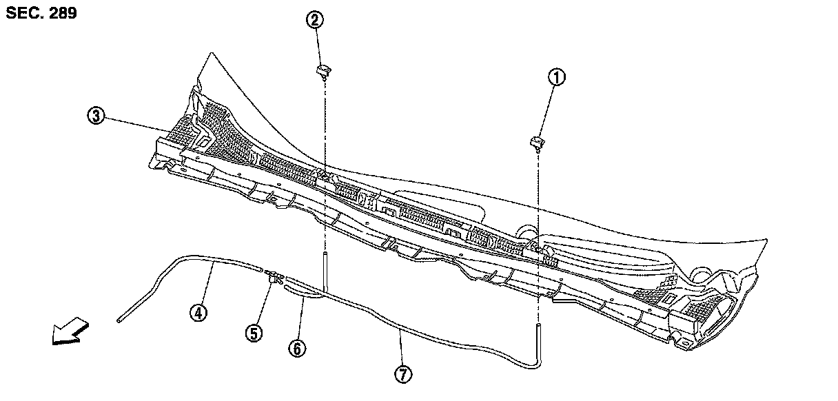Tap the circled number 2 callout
(x=314, y=20)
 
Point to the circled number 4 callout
(x=198, y=313)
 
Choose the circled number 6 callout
(x=296, y=349)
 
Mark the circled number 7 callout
(x=403, y=374)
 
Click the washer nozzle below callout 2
(x=323, y=69)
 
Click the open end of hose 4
(x=119, y=320)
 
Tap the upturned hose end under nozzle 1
(x=538, y=333)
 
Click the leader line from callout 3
(x=138, y=125)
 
